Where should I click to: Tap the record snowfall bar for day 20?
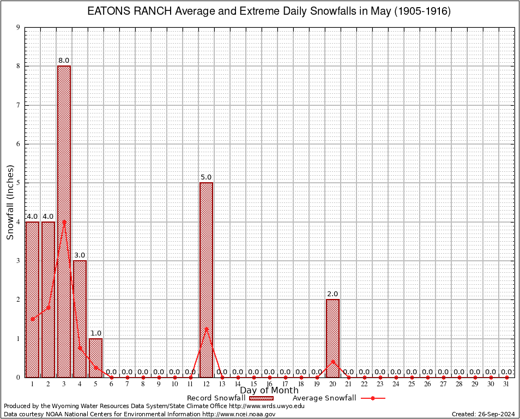(332, 338)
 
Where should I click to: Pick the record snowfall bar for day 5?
(95, 357)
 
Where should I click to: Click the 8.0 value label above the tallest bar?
(64, 60)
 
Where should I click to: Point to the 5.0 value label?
(206, 177)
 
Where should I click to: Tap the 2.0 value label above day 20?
(332, 294)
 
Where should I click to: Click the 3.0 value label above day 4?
(80, 255)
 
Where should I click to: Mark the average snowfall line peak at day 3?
(64, 222)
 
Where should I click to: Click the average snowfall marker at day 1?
(33, 319)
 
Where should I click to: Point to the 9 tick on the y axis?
(19, 27)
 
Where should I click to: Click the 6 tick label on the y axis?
(19, 144)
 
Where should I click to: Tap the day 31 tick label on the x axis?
(506, 384)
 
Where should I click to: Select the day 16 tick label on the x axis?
(269, 384)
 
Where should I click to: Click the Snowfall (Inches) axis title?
(10, 202)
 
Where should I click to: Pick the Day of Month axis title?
(269, 390)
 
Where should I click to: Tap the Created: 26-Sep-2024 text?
(483, 414)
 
